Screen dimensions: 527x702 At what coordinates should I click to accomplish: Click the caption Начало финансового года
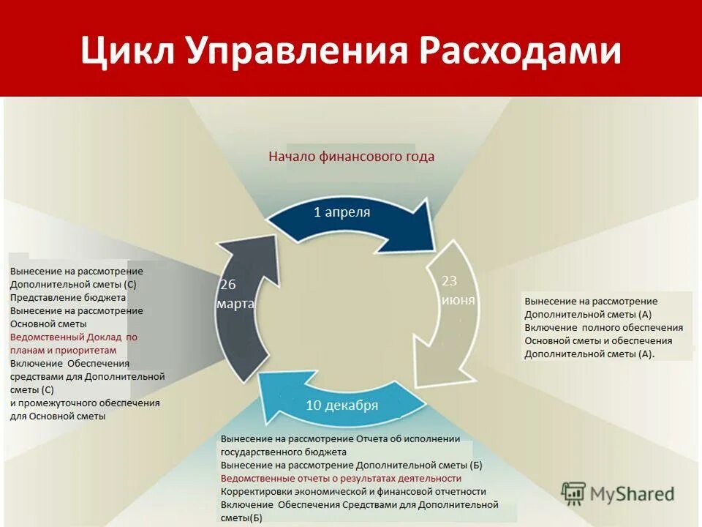(351, 156)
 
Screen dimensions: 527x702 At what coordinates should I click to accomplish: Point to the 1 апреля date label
(341, 212)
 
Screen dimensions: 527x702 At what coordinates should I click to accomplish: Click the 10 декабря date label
(341, 405)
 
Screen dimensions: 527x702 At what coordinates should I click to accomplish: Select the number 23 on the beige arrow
(449, 280)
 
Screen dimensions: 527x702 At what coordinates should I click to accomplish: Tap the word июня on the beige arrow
(458, 299)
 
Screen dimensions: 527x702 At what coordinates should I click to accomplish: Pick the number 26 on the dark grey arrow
(228, 285)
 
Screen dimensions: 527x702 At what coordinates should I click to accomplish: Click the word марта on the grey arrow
(235, 304)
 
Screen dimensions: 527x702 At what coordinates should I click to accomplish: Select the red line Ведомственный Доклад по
(74, 337)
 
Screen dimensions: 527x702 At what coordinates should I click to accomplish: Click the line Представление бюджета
(68, 298)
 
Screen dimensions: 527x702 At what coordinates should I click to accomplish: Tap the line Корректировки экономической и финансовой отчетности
(353, 491)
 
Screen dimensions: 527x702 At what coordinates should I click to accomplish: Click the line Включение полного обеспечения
(604, 327)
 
